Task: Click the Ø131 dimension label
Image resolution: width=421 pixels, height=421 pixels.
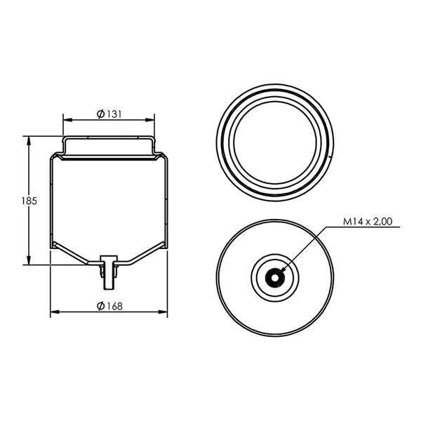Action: click(x=109, y=114)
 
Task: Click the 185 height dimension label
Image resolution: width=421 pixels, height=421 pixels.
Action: click(x=29, y=201)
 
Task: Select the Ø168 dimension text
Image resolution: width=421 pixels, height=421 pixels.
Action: click(x=109, y=306)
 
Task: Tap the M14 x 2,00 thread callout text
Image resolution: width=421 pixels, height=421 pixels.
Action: click(x=368, y=222)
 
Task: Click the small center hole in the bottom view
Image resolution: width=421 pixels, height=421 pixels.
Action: click(x=275, y=278)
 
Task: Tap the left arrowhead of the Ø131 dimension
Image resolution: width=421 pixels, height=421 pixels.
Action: click(x=67, y=120)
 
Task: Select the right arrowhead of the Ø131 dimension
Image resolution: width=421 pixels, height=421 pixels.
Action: click(x=150, y=120)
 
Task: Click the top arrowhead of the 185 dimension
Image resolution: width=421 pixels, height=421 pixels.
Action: click(x=29, y=141)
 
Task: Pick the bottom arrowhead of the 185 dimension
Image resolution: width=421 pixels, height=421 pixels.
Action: click(x=29, y=260)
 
